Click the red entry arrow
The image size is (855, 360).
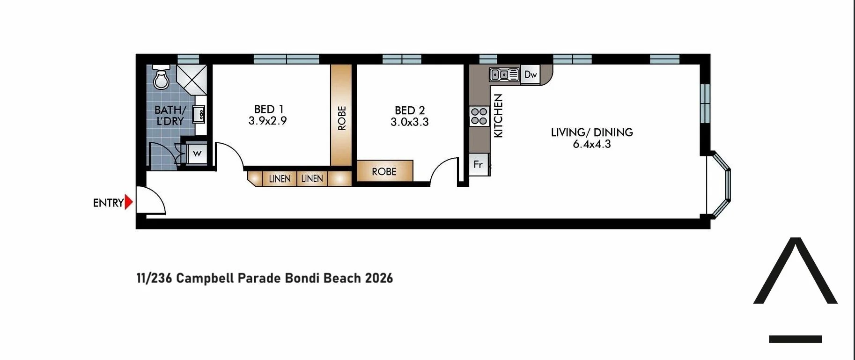pos(128,202)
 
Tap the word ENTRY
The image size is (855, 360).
pos(108,203)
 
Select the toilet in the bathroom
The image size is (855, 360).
pos(161,77)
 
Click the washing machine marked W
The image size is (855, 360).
pos(197,154)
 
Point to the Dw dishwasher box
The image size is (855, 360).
pos(530,74)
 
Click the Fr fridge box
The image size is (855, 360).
pos(478,164)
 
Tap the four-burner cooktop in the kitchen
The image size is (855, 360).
pos(479,116)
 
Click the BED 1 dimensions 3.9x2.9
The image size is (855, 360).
pos(267,121)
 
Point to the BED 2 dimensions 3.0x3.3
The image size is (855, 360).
pos(409,122)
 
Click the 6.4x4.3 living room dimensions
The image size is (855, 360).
pos(591,144)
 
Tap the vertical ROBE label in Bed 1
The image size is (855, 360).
pos(342,118)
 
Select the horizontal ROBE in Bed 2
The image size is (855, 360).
pos(384,172)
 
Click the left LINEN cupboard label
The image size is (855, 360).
pos(280,179)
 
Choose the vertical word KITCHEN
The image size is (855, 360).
pos(498,116)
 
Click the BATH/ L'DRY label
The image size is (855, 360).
pos(170,115)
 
